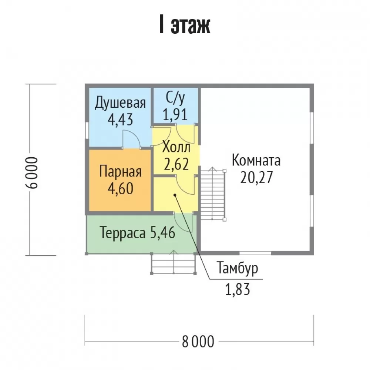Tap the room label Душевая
point(120,103)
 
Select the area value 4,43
point(120,120)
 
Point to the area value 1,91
point(175,115)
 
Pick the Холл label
point(176,148)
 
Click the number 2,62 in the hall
point(176,164)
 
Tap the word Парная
point(120,172)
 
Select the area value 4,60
point(120,189)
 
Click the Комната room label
point(256,160)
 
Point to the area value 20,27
point(256,178)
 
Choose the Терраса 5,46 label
point(138,233)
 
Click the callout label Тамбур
point(238,268)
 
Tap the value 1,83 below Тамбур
point(238,290)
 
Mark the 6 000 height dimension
point(31,172)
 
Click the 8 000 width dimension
point(198,342)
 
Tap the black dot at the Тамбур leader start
point(175,195)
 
